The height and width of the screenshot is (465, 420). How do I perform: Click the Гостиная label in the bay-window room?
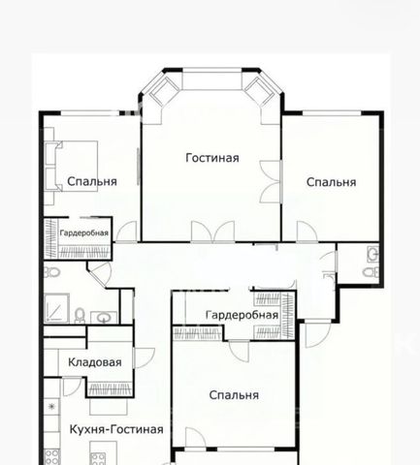(212, 158)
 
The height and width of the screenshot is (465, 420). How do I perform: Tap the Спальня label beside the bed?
(92, 181)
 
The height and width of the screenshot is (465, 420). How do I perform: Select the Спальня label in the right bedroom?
(331, 182)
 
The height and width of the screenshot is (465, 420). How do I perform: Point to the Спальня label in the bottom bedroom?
(234, 395)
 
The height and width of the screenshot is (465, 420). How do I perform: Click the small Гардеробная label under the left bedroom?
(84, 232)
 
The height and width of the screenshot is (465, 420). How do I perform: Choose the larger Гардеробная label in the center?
(242, 315)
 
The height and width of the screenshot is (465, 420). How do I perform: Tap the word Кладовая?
(95, 362)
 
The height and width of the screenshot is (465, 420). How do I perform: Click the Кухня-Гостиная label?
(116, 429)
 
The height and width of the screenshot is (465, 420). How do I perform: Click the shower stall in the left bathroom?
(56, 308)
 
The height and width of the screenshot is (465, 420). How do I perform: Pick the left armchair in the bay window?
(163, 90)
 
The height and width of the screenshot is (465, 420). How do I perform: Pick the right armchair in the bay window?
(259, 90)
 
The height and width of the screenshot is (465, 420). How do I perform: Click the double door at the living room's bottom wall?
(212, 232)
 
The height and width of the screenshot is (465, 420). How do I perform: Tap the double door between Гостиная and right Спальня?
(271, 182)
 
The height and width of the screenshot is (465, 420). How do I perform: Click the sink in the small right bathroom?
(372, 254)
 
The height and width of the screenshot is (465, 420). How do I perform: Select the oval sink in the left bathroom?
(104, 318)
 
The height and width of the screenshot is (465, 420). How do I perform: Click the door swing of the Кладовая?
(145, 357)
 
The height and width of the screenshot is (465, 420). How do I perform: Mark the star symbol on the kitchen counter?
(51, 407)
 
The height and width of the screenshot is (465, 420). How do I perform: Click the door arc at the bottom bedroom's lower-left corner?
(195, 438)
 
